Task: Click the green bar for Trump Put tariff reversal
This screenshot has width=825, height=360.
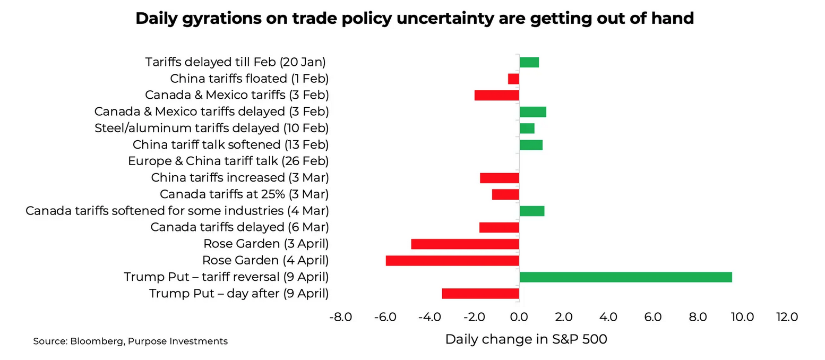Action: [625, 277]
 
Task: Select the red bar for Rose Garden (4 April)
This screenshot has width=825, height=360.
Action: [452, 261]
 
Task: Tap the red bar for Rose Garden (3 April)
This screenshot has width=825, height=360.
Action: [465, 244]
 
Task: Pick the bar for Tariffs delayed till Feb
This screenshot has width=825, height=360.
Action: [529, 62]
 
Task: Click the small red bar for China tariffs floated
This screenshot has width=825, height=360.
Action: [513, 79]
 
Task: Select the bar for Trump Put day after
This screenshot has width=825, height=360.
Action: [480, 294]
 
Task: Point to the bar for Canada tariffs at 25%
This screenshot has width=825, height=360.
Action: [505, 194]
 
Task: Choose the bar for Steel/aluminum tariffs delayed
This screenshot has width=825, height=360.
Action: [527, 128]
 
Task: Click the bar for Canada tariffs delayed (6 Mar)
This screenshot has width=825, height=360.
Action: [499, 227]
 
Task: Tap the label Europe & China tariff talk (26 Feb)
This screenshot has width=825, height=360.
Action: [228, 161]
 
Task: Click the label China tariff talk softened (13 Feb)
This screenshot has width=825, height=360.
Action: [230, 144]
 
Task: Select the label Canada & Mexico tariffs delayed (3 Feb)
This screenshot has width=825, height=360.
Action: [211, 112]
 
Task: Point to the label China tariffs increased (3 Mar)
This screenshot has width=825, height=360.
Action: [239, 177]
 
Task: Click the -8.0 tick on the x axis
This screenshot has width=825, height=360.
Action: [340, 318]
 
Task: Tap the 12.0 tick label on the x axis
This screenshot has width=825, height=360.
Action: [787, 318]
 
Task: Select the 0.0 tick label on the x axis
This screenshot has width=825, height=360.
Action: [519, 318]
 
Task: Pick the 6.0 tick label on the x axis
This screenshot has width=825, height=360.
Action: [652, 318]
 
